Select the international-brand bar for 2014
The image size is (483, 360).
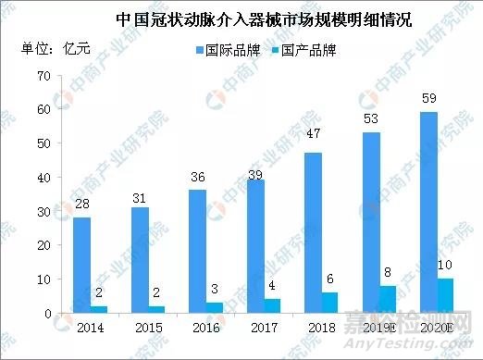point(81,265)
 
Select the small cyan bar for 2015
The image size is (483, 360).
point(157,309)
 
